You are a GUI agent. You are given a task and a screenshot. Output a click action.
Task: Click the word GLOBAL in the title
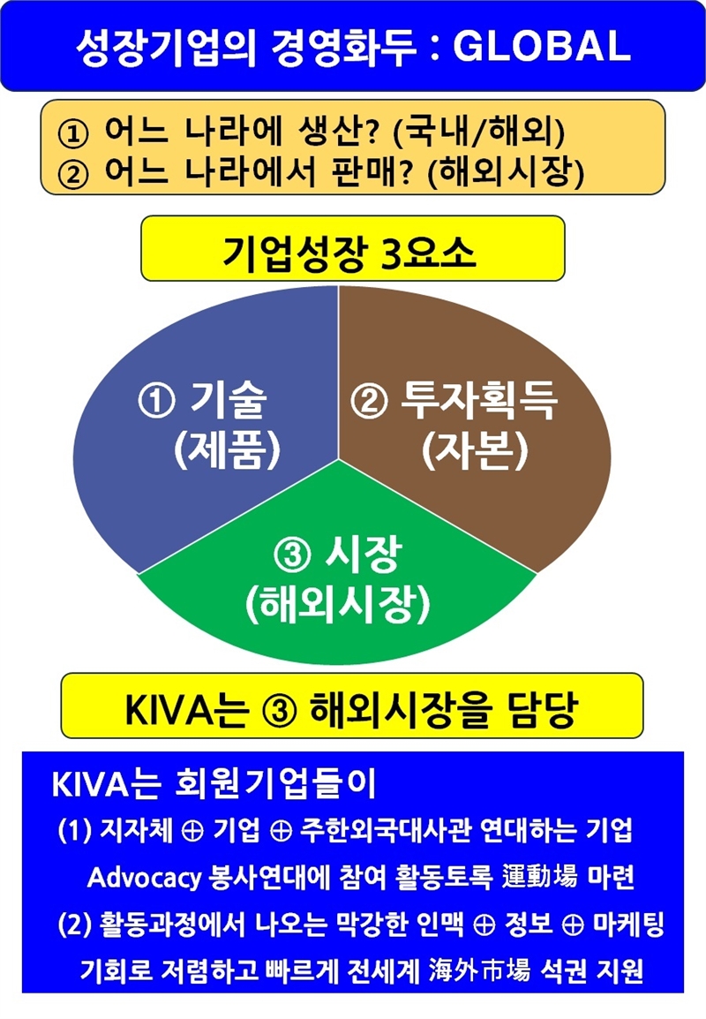coord(541,46)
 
